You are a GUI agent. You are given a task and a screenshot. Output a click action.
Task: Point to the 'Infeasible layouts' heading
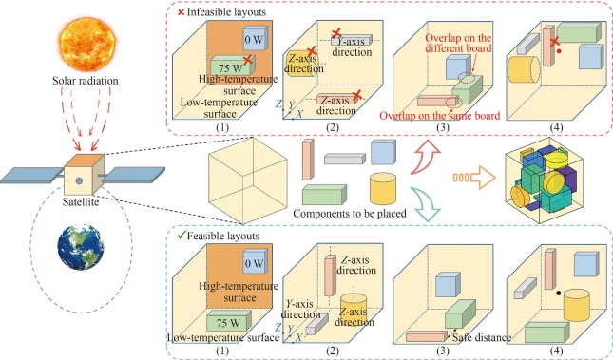(x=208, y=10)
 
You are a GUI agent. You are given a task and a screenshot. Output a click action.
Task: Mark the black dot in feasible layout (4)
(x=537, y=293)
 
